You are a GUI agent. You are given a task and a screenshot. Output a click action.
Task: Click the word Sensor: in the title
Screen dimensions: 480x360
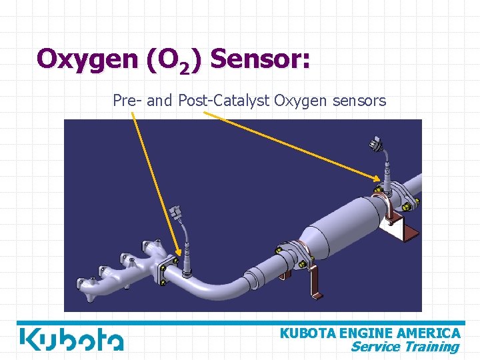(259, 59)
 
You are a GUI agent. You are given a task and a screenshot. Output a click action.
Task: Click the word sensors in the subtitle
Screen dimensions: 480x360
(361, 101)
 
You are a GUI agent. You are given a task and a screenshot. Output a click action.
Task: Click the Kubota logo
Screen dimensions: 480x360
(71, 339)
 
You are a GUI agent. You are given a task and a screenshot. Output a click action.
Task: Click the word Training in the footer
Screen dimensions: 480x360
(431, 346)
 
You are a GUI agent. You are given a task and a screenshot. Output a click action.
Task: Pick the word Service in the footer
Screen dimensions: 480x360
(375, 346)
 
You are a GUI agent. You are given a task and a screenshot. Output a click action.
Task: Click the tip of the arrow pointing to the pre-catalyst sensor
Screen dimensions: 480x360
(179, 257)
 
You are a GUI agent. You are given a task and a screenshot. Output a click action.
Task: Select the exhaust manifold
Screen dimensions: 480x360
(120, 267)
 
